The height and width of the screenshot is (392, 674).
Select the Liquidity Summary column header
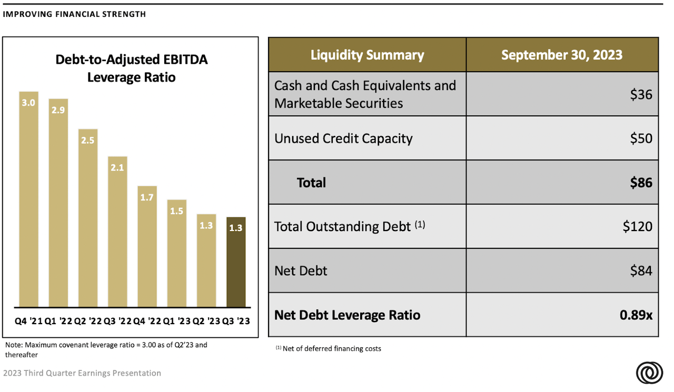point(367,55)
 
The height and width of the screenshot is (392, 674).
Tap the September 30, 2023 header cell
point(561,55)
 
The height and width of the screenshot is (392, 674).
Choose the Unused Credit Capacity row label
point(343,138)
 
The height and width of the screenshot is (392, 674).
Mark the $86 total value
point(640,183)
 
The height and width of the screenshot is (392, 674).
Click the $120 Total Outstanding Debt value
point(637,226)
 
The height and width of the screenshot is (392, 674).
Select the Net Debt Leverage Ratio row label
point(347,315)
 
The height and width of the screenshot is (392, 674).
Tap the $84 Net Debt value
point(641,271)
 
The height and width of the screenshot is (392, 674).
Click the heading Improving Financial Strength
point(74,14)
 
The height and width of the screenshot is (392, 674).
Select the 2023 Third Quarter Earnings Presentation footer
point(82,373)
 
